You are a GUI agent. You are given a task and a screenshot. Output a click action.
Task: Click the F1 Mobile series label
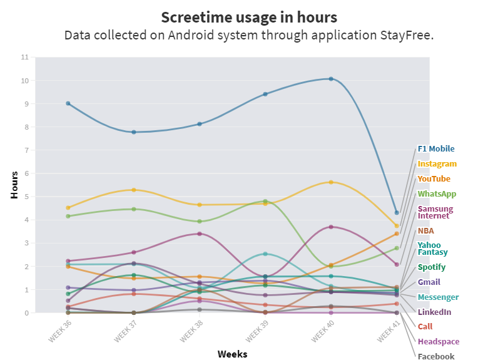tap(436, 149)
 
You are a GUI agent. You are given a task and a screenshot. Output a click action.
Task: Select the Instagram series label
tap(437, 164)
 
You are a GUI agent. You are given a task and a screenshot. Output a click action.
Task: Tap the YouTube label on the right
tap(434, 179)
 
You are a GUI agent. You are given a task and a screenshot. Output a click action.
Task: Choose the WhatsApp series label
tap(437, 194)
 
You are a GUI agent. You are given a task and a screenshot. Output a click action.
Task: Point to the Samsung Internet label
tap(435, 212)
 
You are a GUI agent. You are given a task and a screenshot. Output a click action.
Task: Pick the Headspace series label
tap(439, 341)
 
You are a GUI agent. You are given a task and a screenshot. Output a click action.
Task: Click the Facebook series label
tap(436, 356)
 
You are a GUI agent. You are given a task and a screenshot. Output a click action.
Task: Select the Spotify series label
tap(432, 267)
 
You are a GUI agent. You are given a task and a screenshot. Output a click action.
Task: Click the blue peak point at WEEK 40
tap(331, 79)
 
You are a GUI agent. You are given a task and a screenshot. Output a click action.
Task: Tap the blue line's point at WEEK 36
tap(68, 103)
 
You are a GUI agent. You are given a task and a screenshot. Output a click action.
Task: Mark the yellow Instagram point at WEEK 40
tap(331, 182)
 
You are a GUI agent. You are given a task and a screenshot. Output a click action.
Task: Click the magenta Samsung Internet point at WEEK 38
tap(200, 234)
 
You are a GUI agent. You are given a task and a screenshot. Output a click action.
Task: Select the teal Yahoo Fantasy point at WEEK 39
tap(265, 254)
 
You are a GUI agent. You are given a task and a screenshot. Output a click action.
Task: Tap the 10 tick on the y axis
tap(25, 81)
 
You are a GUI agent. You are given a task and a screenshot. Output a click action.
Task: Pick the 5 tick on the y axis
tap(26, 197)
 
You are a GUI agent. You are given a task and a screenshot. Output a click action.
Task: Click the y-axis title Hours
tap(14, 185)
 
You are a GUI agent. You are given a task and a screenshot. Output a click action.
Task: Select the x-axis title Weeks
tap(232, 354)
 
